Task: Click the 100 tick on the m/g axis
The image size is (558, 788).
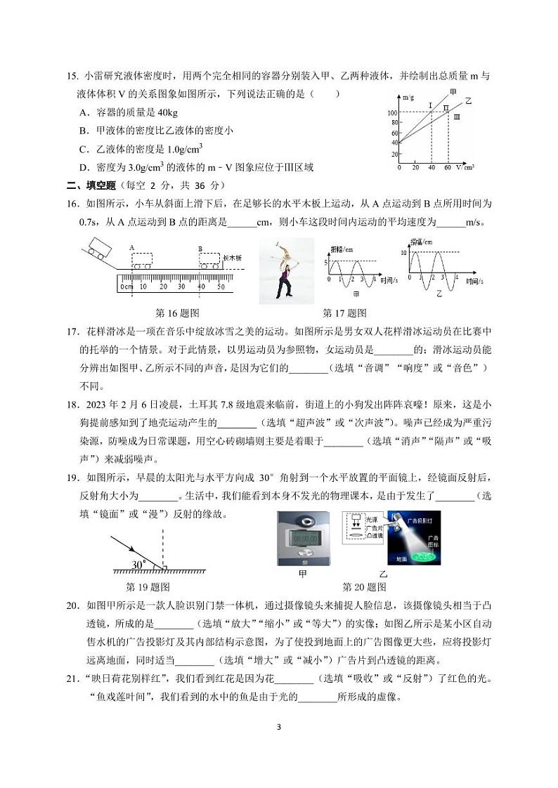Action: pyautogui.click(x=392, y=113)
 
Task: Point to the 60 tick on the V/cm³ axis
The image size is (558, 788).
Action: pyautogui.click(x=447, y=168)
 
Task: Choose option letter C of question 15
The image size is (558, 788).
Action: pyautogui.click(x=83, y=148)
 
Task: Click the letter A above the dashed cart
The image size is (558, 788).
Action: pyautogui.click(x=131, y=248)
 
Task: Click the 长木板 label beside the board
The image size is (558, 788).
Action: pyautogui.click(x=232, y=258)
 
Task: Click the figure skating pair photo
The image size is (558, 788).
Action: pyautogui.click(x=287, y=270)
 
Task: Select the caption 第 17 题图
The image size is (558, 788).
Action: pyautogui.click(x=344, y=313)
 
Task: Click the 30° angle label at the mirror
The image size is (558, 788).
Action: pyautogui.click(x=138, y=564)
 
